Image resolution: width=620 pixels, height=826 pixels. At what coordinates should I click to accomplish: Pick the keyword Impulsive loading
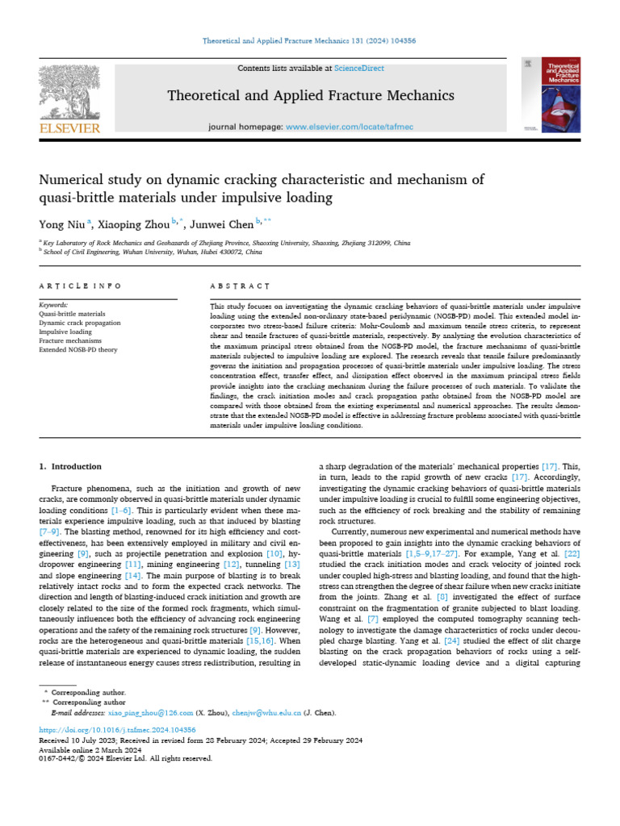65,332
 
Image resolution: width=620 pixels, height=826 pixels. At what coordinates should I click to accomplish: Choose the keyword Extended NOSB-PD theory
77,350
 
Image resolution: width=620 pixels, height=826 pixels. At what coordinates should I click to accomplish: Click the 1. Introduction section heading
71,466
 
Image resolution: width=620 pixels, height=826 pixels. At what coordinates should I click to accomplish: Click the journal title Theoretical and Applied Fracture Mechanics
310,96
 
